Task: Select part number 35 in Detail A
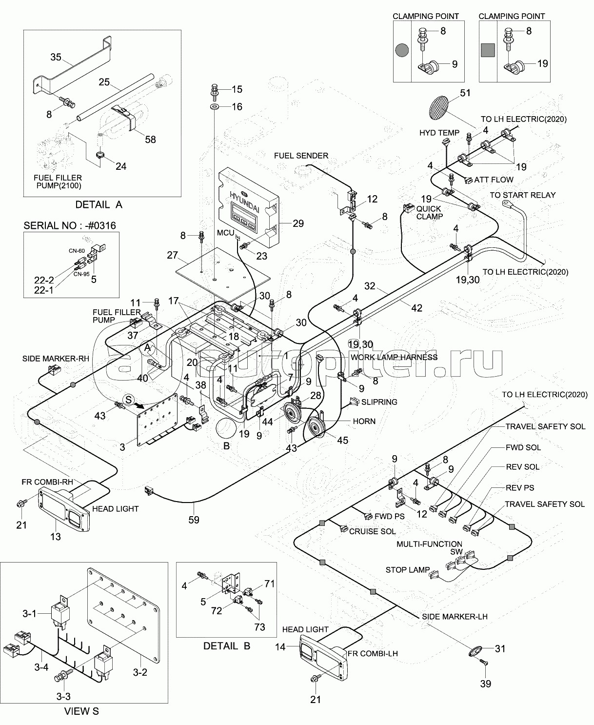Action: [x=56, y=57]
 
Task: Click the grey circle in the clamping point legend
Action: [x=402, y=50]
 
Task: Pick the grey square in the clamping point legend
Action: [x=488, y=50]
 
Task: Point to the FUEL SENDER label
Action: [x=301, y=156]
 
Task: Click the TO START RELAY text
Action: [x=522, y=195]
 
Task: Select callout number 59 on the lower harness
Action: [x=194, y=520]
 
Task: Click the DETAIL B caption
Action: [x=226, y=646]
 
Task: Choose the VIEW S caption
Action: [x=81, y=711]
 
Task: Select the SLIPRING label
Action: [x=379, y=402]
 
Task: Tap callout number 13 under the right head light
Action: [x=56, y=536]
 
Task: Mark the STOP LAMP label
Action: [x=408, y=569]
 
